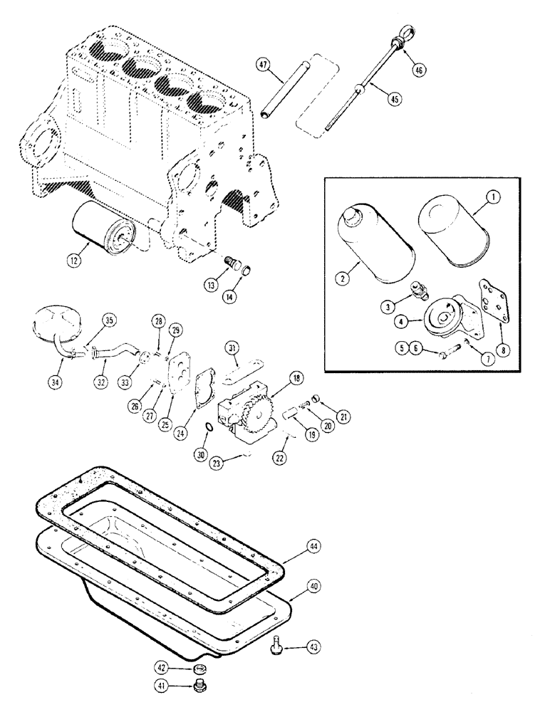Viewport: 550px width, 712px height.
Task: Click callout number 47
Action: coord(264,66)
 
